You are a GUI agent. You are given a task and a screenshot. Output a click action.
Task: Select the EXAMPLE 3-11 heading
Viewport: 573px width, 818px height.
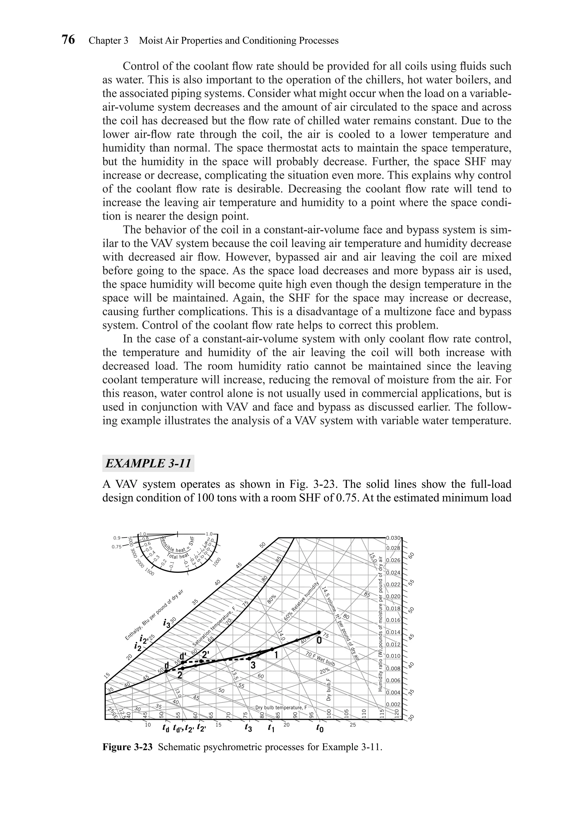(x=148, y=464)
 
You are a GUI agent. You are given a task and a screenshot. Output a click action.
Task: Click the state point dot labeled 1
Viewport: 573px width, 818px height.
(x=272, y=649)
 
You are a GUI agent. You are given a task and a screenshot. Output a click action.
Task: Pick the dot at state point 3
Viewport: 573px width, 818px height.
(x=249, y=658)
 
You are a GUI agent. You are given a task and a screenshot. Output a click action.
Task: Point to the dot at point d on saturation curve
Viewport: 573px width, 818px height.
(x=166, y=671)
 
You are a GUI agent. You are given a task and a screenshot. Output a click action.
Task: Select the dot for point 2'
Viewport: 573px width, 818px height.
(x=201, y=661)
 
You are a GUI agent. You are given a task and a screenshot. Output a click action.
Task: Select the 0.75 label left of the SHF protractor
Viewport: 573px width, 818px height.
(x=117, y=547)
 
